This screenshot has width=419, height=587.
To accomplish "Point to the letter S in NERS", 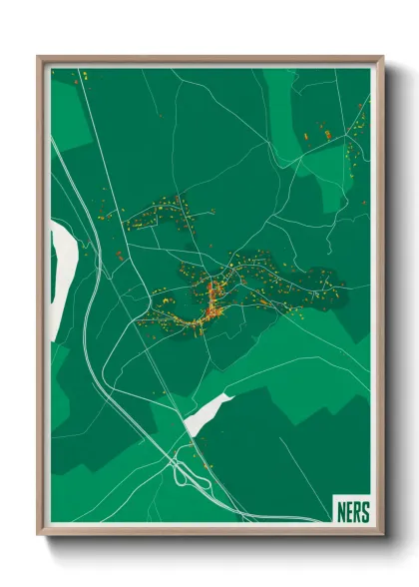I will (x=363, y=511).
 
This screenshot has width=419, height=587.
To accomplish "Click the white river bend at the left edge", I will (x=59, y=264).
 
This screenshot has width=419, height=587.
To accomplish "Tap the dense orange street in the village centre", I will (x=212, y=298).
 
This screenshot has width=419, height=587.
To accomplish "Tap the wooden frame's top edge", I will (x=209, y=59).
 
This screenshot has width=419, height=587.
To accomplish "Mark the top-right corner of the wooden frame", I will (x=380, y=59).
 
